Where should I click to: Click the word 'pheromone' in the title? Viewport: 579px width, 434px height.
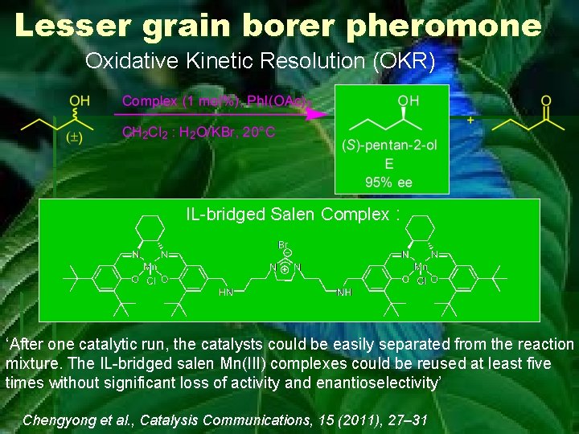(444, 26)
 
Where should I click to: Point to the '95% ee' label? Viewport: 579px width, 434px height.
(388, 182)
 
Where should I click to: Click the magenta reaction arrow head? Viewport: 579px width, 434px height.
(322, 115)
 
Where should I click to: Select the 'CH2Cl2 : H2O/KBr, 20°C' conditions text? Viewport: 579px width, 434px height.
(198, 132)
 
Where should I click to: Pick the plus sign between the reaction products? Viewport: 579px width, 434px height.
(470, 118)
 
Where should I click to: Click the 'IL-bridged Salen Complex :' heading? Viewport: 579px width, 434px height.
(293, 214)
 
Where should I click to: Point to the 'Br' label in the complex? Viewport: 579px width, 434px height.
(283, 244)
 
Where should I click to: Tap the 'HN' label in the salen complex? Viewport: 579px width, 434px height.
(228, 293)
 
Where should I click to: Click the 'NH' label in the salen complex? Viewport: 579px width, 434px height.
(344, 293)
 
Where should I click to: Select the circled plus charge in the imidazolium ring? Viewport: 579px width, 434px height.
(285, 270)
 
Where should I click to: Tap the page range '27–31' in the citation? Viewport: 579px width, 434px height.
(408, 420)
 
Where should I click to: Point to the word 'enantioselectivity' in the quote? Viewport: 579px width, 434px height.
(377, 383)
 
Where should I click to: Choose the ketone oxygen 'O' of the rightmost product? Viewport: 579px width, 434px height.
(546, 101)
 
